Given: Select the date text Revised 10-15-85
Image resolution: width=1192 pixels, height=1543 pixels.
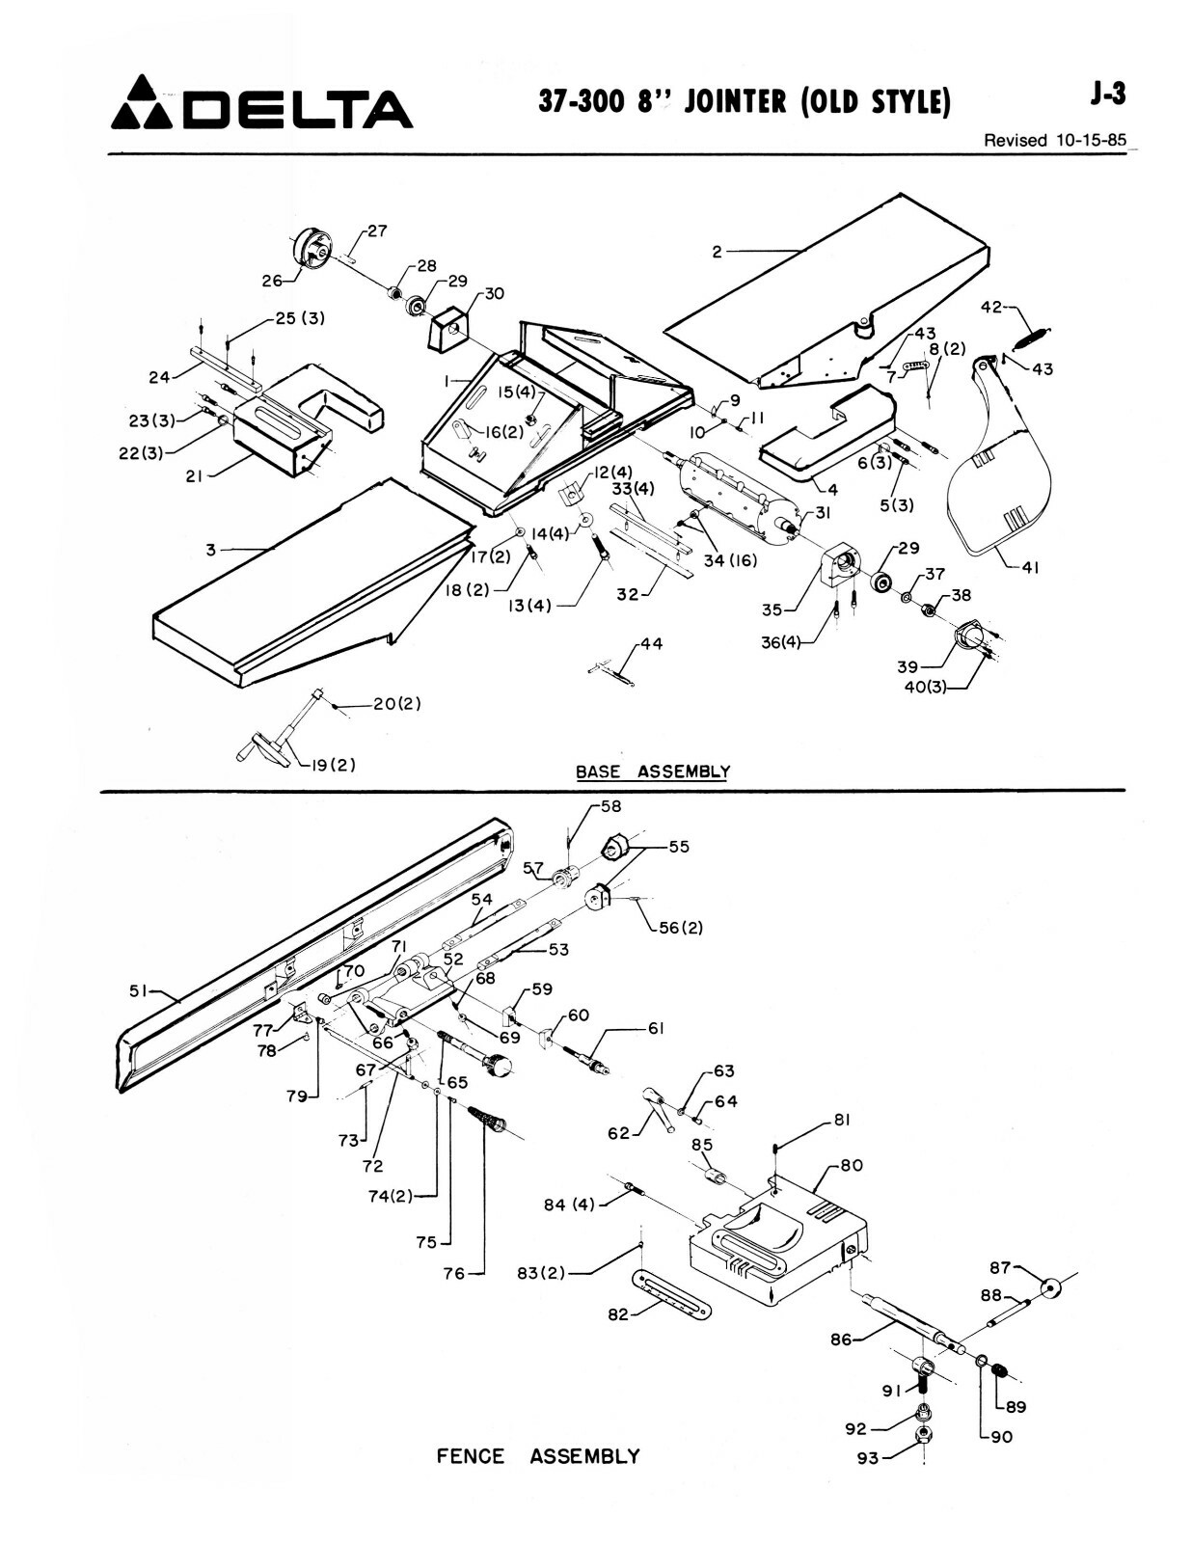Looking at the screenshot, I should [1054, 140].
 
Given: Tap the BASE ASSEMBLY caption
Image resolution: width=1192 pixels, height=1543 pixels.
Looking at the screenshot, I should [652, 771].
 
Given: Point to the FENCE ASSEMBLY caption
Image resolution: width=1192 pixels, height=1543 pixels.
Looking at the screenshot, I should [538, 1456].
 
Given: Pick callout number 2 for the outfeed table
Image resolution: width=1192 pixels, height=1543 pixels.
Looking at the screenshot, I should [717, 252].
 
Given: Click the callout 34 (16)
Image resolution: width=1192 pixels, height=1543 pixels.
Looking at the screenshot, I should [731, 560].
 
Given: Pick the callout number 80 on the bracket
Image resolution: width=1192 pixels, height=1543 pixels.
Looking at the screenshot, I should [851, 1165].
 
